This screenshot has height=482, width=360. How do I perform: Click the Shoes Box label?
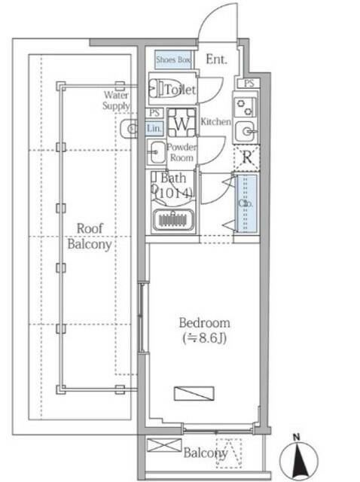pyautogui.click(x=174, y=59)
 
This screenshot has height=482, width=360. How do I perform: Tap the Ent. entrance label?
pyautogui.click(x=216, y=59)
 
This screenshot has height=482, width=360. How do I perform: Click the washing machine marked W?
pyautogui.click(x=182, y=123)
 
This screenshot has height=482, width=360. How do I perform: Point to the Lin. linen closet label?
pyautogui.click(x=154, y=129)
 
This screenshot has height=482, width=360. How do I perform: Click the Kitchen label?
pyautogui.click(x=215, y=122)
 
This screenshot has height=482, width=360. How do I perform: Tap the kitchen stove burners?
pyautogui.click(x=245, y=106)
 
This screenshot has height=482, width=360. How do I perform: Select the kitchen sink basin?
pyautogui.click(x=245, y=132)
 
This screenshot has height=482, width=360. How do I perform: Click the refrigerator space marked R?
pyautogui.click(x=247, y=157)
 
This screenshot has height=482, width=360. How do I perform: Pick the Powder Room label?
pyautogui.click(x=182, y=152)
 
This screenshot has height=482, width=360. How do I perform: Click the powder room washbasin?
pyautogui.click(x=157, y=152)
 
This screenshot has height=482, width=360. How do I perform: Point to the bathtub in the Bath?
pyautogui.click(x=174, y=219)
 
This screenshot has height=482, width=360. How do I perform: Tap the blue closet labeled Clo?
pyautogui.click(x=246, y=203)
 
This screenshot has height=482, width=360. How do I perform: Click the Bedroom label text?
pyautogui.click(x=204, y=323)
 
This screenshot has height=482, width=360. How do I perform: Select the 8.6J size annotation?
pyautogui.click(x=205, y=338)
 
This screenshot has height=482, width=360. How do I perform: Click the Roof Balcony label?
pyautogui.click(x=90, y=236)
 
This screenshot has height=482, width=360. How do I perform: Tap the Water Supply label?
pyautogui.click(x=116, y=100)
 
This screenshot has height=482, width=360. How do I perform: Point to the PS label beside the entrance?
pyautogui.click(x=249, y=83)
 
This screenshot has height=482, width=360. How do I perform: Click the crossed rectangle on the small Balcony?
pyautogui.click(x=164, y=445)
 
